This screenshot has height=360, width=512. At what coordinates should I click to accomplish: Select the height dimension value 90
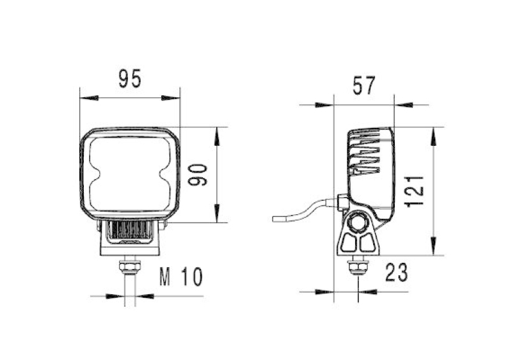tap(198, 175)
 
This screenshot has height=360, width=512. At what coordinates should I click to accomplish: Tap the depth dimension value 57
tap(363, 84)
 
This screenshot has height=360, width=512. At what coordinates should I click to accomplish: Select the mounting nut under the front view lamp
tap(131, 265)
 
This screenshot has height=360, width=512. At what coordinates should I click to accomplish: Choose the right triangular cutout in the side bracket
tap(367, 243)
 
